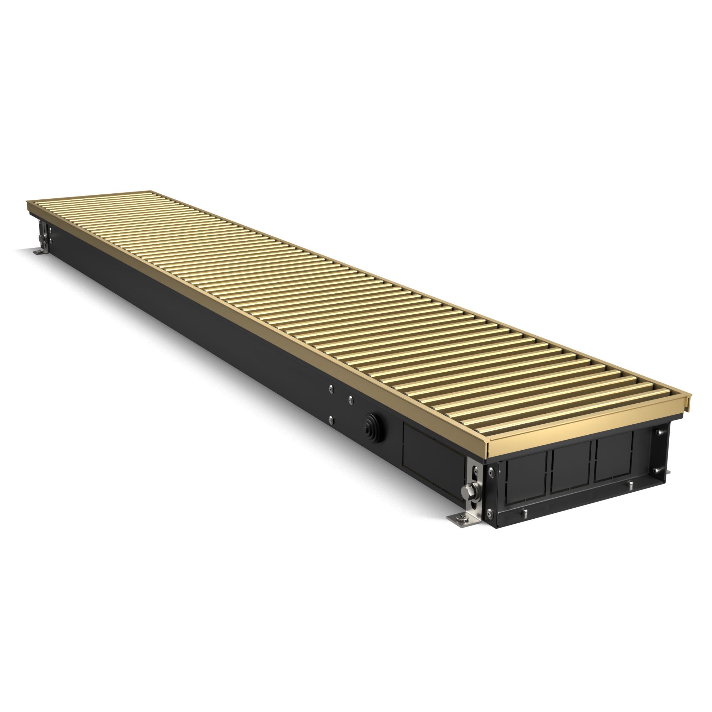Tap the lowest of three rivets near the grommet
[331, 419]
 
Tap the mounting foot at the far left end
[38, 252]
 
